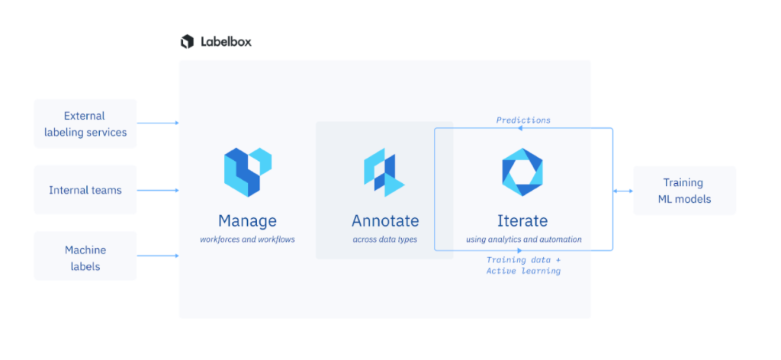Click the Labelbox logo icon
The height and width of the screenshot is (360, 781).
click(187, 42)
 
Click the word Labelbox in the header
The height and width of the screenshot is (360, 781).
click(226, 42)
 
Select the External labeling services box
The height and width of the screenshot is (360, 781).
click(85, 124)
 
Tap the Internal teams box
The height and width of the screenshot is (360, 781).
click(85, 190)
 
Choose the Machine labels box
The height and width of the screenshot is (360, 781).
click(85, 257)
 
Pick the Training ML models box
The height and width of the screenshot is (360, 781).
click(684, 191)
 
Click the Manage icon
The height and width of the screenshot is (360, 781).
click(248, 172)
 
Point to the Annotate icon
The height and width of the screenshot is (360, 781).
click(384, 173)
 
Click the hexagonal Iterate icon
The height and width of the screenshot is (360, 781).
click(522, 172)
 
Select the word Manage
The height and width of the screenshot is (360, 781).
click(247, 221)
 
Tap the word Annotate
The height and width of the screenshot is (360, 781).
click(385, 221)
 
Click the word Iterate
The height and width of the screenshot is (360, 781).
click(522, 221)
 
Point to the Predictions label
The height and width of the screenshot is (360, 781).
click(523, 120)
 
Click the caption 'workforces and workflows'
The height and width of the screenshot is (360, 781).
click(247, 239)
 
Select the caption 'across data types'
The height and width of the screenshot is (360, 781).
click(385, 239)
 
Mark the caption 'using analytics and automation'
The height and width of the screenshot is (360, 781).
click(524, 239)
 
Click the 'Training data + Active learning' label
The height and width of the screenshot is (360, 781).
click(523, 265)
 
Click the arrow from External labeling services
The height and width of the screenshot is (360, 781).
click(159, 123)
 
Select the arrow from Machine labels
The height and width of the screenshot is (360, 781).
click(159, 256)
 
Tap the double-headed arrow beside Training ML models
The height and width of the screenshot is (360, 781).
click(623, 191)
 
